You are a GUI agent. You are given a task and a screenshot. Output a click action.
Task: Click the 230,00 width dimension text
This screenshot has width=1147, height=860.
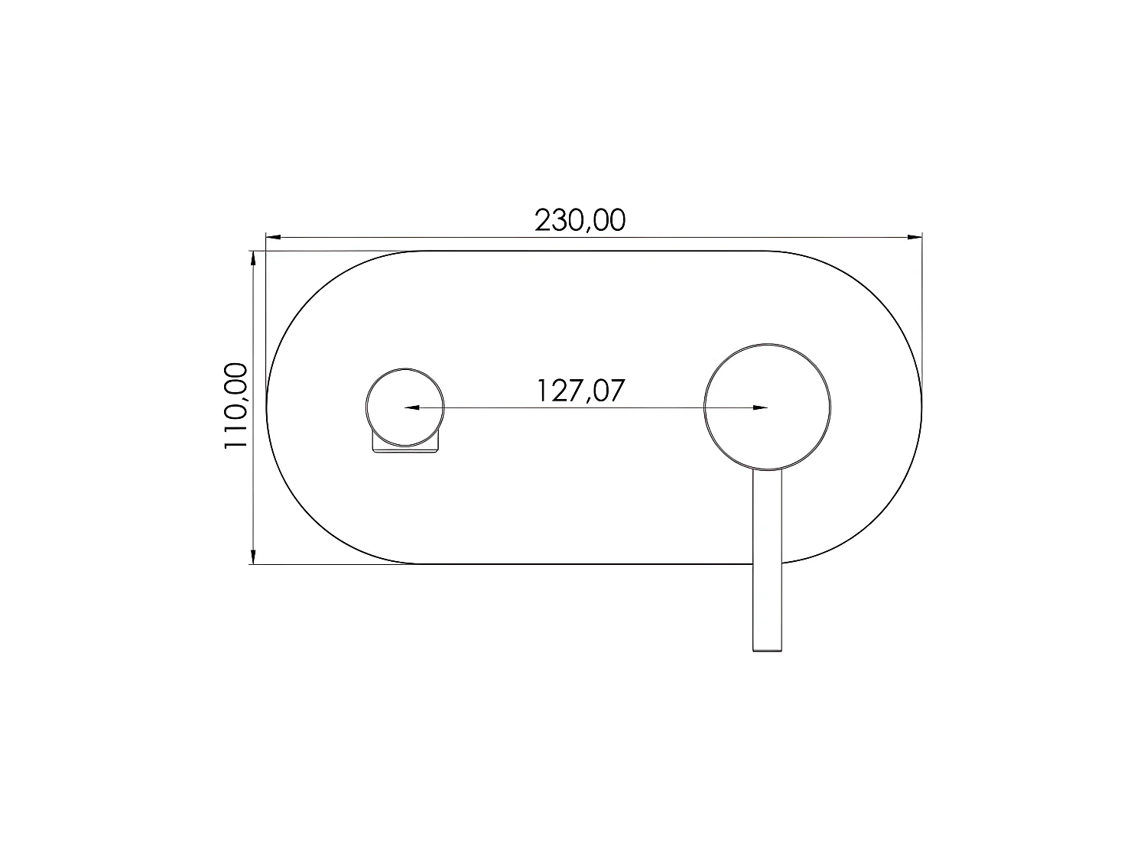(x=580, y=220)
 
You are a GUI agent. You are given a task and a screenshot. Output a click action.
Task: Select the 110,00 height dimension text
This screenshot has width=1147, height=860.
(x=236, y=407)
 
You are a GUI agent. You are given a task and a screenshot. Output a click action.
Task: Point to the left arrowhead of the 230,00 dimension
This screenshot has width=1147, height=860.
(x=272, y=237)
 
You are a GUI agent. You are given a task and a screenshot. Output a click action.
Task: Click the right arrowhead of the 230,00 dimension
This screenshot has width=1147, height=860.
(x=915, y=237)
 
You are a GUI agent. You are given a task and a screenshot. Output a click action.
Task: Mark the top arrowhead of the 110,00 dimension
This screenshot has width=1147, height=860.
(x=253, y=258)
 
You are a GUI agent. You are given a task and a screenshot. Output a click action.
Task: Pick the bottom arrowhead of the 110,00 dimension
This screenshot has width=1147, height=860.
(x=253, y=557)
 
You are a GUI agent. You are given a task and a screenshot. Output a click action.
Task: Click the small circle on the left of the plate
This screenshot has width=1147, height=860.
(x=405, y=407)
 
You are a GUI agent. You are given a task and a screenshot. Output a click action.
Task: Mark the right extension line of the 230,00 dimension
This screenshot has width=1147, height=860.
(x=922, y=306)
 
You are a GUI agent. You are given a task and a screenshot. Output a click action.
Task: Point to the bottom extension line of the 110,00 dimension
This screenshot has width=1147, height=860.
(x=336, y=564)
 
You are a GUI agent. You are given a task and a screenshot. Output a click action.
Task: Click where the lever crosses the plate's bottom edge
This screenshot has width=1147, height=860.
(x=768, y=564)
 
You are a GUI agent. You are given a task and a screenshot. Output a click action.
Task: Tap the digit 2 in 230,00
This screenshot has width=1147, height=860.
(x=542, y=220)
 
